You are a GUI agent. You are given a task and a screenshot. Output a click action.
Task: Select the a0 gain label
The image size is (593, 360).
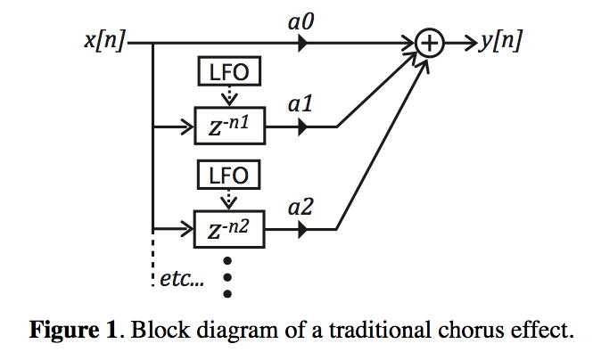[x=301, y=20]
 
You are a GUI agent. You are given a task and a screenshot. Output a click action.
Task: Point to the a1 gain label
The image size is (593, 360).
[x=301, y=104]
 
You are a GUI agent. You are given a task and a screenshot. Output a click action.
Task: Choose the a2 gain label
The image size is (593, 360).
[x=301, y=207]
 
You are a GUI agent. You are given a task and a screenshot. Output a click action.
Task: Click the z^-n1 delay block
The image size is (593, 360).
[x=229, y=127]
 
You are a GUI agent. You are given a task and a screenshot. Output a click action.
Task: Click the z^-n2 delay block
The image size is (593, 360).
[x=229, y=230]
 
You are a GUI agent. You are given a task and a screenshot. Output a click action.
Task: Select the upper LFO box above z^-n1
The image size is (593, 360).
[x=229, y=71]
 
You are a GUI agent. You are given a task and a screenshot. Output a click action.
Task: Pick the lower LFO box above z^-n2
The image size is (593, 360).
[x=229, y=175]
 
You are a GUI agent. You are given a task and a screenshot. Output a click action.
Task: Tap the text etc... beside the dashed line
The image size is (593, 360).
[x=182, y=279]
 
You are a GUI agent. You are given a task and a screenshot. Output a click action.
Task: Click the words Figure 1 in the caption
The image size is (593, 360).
[x=75, y=331]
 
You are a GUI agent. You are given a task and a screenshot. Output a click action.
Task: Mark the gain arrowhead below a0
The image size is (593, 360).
[x=302, y=42]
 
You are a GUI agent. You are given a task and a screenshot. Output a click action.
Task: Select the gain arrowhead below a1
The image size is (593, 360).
[x=302, y=127]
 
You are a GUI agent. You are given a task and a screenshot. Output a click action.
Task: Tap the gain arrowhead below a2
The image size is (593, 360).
[x=302, y=230]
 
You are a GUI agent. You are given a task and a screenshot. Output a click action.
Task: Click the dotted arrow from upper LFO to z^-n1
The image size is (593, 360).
[x=229, y=96]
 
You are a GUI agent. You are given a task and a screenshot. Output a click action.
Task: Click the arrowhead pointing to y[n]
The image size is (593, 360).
[x=470, y=42]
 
